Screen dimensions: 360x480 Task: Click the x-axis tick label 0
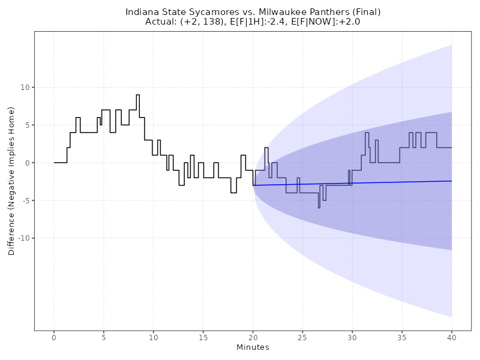pos(54,338)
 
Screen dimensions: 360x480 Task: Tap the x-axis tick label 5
pos(104,338)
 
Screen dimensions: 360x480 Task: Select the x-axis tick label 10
pos(154,338)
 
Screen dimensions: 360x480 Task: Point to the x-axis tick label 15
pos(203,338)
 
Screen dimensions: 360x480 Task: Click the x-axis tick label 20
pos(253,338)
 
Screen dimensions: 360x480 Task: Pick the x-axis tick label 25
pos(302,338)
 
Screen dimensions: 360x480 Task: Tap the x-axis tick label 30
pos(352,338)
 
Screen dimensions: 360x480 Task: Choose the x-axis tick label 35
pos(402,338)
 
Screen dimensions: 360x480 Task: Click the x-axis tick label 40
pos(451,338)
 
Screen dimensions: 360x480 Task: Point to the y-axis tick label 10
pos(26,88)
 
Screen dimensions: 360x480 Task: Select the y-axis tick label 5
pos(28,125)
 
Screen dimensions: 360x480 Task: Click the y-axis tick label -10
pos(24,238)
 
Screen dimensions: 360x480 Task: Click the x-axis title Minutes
pos(253,347)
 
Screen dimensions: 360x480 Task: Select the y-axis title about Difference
pos(12,181)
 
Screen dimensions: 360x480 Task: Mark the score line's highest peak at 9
pos(138,95)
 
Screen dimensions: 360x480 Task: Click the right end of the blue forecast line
pos(451,181)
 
